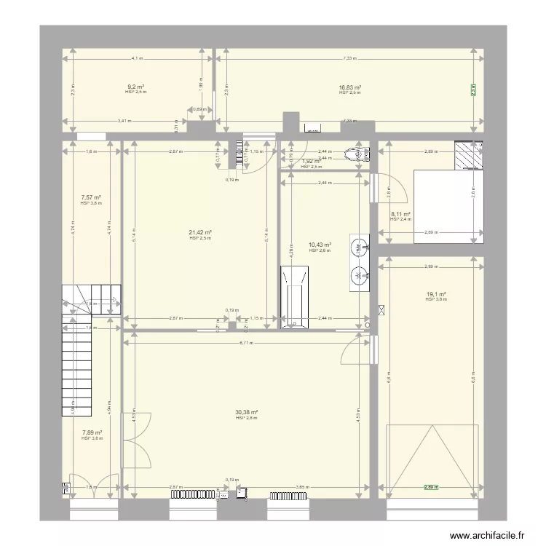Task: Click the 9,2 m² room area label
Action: (135, 87)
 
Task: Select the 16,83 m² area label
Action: (350, 87)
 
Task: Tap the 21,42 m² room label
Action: (200, 233)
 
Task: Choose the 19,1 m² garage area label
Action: (435, 294)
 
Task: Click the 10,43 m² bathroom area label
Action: (320, 245)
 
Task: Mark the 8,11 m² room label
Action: (401, 215)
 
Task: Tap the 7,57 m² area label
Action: (91, 197)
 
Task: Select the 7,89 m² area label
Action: (91, 432)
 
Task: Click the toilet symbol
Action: (358, 153)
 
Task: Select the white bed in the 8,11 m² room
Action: (448, 206)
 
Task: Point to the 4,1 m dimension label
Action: (137, 59)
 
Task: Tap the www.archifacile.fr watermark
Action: (488, 535)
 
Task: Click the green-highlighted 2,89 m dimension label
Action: (435, 487)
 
